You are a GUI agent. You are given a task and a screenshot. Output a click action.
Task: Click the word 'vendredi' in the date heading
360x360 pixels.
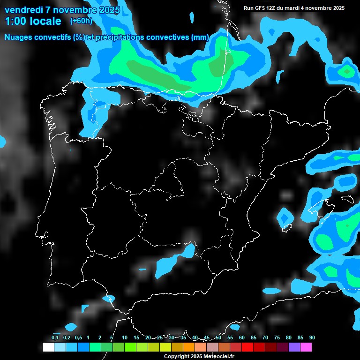(24, 10)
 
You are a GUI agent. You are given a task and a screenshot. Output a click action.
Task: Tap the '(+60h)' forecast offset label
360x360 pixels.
(81, 21)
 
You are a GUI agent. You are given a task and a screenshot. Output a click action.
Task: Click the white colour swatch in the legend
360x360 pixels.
(48, 347)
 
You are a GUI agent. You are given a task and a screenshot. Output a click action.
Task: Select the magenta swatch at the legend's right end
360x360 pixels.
(306, 347)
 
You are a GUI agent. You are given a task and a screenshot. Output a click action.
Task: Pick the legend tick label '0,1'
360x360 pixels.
(55, 338)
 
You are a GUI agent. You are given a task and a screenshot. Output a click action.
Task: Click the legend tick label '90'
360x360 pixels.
(312, 338)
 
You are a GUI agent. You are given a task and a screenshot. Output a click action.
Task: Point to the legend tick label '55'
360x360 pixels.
(230, 338)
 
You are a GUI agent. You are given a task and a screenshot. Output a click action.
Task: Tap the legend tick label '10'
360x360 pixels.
(124, 338)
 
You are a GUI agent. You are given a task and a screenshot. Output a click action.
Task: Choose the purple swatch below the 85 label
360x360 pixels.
(294, 347)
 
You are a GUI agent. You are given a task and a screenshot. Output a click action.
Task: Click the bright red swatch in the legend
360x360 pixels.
(247, 347)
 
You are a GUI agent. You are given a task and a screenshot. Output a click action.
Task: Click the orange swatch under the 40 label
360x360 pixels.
(188, 347)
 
